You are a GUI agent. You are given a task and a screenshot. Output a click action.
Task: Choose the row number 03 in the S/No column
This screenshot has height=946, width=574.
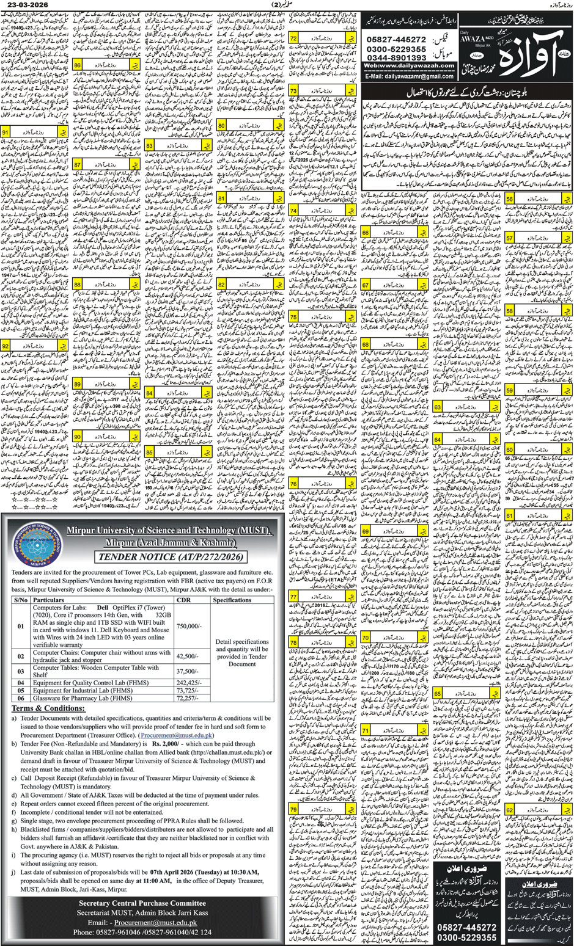click(20, 671)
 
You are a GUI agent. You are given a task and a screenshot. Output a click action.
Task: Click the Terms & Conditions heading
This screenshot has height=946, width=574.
click(48, 708)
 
